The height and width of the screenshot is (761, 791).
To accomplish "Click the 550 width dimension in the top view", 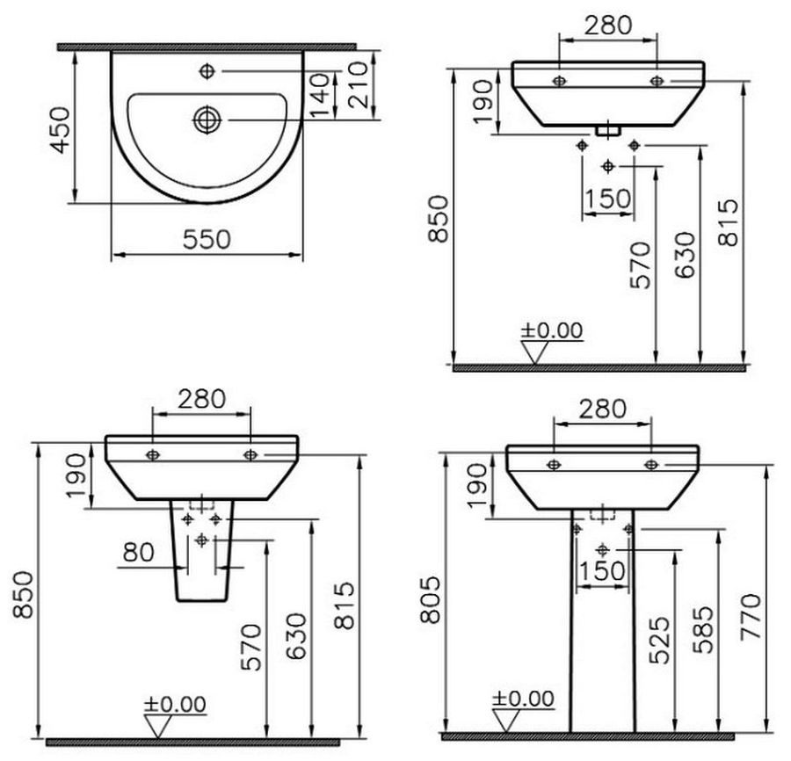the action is pos(207,240).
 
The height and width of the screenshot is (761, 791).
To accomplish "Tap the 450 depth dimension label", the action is pos(62,129).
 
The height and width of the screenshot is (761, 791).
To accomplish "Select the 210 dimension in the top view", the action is pos(359,84).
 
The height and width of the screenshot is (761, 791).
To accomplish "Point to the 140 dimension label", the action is pos(319,96).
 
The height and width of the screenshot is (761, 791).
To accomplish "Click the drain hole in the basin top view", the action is pos(207,120).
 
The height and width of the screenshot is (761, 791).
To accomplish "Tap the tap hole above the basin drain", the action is pos(207,71).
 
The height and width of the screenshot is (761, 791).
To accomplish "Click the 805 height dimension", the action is pos(431,599).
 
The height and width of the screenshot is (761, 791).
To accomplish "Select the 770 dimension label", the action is pos(751,617).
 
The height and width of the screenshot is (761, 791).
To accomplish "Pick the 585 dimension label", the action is pos(704,630).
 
